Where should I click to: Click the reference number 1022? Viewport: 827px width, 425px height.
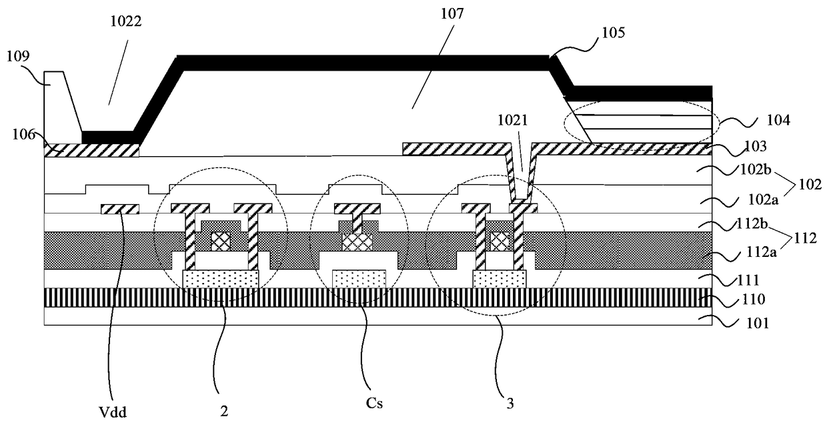click(x=126, y=21)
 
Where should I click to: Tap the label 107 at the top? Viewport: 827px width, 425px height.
click(x=452, y=13)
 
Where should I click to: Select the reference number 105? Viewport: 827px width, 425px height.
click(x=613, y=33)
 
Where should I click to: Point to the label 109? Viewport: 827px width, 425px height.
click(x=18, y=56)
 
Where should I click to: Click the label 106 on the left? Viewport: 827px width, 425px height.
click(x=23, y=134)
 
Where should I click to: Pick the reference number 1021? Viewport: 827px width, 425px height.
click(x=512, y=120)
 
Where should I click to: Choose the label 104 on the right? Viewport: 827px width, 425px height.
click(x=778, y=120)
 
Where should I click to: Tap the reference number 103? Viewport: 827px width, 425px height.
click(x=756, y=147)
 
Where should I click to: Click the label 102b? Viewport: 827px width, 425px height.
click(x=756, y=169)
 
